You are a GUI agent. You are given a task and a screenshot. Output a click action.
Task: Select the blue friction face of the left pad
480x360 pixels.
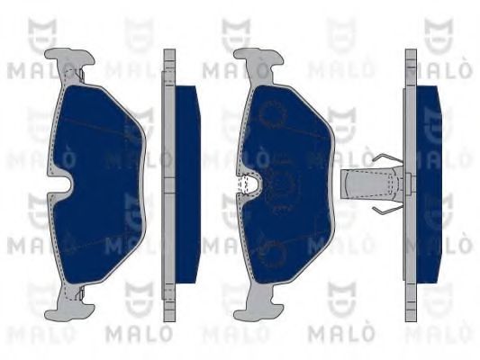[97, 184]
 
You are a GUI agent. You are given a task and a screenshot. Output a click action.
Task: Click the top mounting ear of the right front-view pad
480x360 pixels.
[258, 62]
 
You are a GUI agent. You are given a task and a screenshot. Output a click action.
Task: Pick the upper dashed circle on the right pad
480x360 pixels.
[273, 113]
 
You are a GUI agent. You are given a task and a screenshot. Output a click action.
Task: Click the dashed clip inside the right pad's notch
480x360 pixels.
[243, 184]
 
